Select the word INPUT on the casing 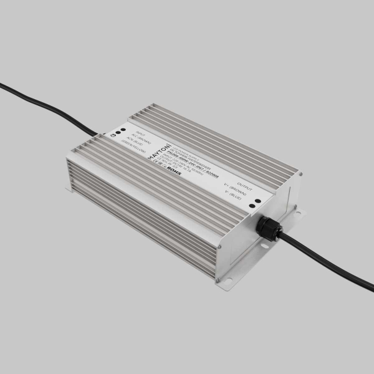140,133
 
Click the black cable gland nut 267,228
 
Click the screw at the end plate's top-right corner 299,176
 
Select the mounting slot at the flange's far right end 296,215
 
